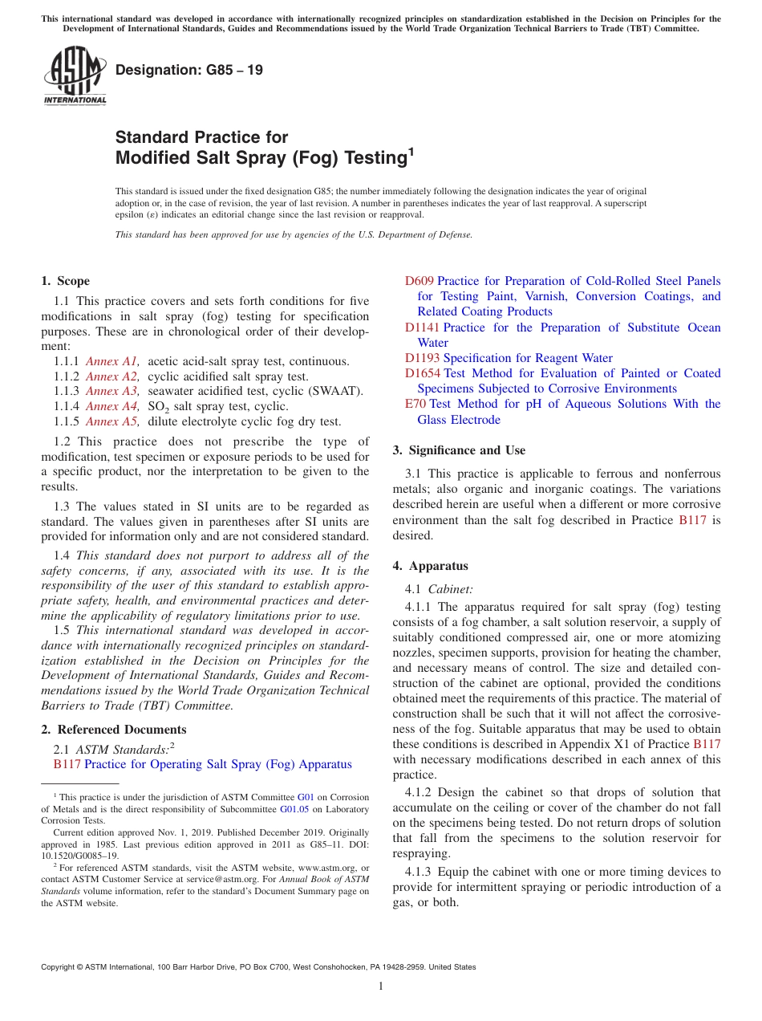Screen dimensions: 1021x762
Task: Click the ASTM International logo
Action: [x=75, y=75]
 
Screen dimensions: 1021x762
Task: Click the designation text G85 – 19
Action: [x=189, y=70]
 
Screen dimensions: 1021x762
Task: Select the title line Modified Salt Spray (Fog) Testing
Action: [x=261, y=157]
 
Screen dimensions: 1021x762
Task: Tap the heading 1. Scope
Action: [x=66, y=281]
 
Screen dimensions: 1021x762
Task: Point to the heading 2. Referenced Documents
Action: [x=114, y=730]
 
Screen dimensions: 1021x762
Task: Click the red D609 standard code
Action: [x=419, y=281]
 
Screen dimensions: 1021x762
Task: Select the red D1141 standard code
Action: [x=422, y=327]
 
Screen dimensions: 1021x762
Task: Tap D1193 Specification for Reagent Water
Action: [x=509, y=358]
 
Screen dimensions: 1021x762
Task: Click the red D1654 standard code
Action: [x=422, y=373]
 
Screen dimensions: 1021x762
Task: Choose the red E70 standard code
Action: [x=415, y=404]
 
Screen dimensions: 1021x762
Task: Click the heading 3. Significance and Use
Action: [x=459, y=450]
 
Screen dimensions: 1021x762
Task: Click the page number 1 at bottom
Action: [x=381, y=986]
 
